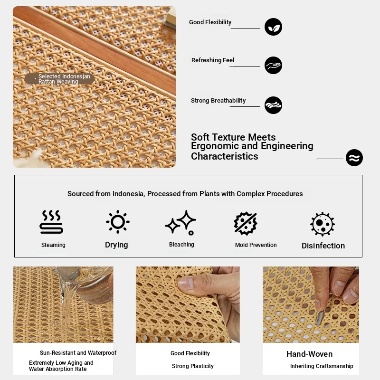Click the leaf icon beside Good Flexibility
point(273,27)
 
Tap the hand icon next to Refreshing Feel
point(273,66)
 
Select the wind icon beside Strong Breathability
point(273,105)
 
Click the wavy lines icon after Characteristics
point(354,158)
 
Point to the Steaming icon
point(51,222)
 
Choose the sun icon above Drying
point(118,222)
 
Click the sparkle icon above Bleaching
point(181,223)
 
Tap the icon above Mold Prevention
point(246,223)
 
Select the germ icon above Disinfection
point(323,224)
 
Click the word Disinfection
point(323,246)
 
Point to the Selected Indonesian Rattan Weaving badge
point(60,79)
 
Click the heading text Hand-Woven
point(309,354)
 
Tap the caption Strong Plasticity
point(193,366)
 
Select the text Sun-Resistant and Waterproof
point(78,352)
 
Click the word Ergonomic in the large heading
point(215,146)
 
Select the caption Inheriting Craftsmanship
point(322,366)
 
